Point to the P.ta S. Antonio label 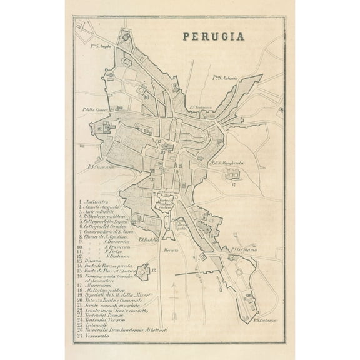[226, 77]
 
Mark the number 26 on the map [146, 97]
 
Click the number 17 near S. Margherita [234, 185]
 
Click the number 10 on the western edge [99, 129]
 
